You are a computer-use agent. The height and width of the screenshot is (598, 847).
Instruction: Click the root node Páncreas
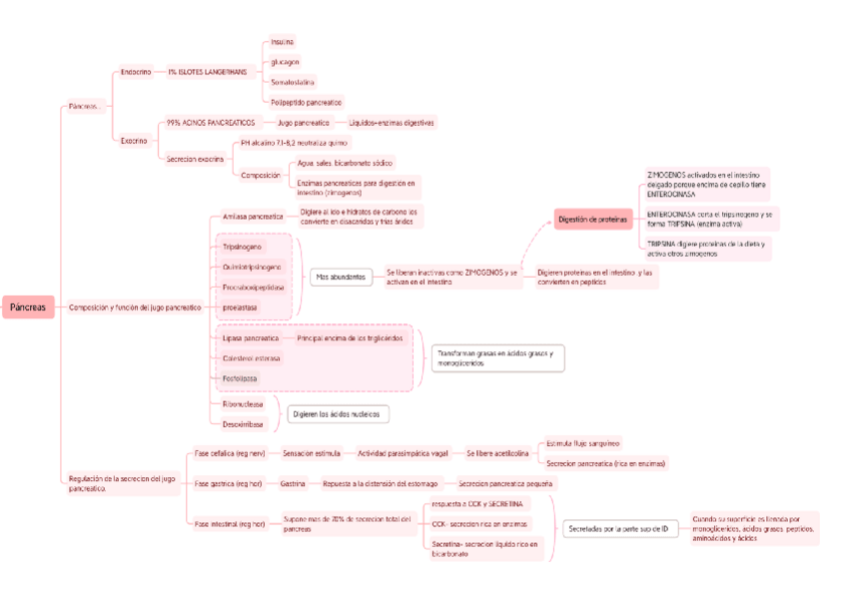[28, 307]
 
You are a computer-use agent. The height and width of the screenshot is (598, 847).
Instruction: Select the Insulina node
[283, 42]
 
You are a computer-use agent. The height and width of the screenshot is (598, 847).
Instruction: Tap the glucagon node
[285, 62]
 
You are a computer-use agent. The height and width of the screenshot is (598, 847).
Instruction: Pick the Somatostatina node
[294, 82]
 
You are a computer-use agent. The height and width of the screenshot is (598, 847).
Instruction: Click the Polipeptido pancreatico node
[306, 102]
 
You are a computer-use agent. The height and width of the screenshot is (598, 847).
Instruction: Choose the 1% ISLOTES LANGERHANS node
[206, 72]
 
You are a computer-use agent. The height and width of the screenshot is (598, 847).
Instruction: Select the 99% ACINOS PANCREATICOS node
[211, 122]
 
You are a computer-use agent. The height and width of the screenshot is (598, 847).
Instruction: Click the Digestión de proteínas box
[592, 219]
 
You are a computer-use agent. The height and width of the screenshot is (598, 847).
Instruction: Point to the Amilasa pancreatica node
[253, 216]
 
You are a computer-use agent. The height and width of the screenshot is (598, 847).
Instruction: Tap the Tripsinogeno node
[243, 246]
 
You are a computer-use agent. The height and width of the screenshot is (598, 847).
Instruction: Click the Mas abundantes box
[340, 277]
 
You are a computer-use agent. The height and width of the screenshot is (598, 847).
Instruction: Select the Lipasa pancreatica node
[251, 338]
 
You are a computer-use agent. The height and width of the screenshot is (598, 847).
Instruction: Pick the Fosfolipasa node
[240, 378]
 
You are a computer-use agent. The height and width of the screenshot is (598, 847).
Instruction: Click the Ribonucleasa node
[243, 404]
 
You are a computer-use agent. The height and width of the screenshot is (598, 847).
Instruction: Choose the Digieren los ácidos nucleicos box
[339, 413]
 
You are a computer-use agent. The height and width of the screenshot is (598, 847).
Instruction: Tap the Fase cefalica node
[230, 453]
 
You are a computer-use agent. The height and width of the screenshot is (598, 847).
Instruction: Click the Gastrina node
[293, 483]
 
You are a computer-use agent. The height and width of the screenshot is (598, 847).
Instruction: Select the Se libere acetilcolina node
[497, 453]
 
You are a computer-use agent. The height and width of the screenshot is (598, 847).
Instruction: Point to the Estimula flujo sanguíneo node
[583, 443]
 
